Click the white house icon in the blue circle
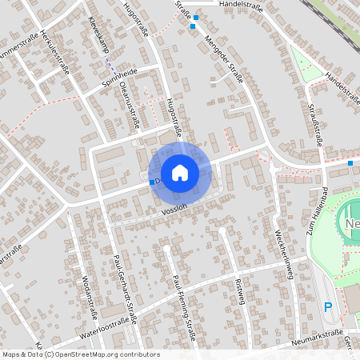pyautogui.click(x=180, y=172)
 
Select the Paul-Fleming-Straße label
pyautogui.click(x=185, y=297)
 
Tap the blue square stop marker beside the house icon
pyautogui.click(x=152, y=182)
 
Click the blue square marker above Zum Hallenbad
pyautogui.click(x=350, y=163)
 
